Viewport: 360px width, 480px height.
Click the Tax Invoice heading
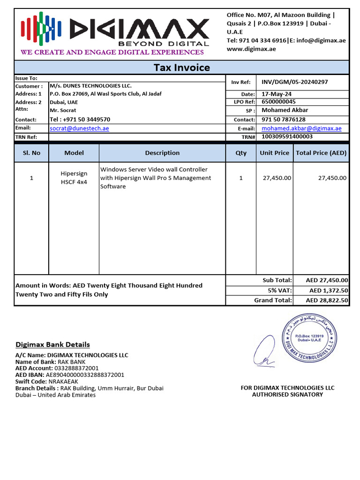[182, 67]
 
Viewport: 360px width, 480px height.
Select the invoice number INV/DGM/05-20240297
[294, 82]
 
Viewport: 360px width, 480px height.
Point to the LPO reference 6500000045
[278, 102]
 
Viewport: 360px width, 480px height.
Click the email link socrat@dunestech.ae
[79, 128]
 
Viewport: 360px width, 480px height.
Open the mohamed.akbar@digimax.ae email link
[301, 128]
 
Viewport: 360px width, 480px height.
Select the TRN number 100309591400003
[287, 137]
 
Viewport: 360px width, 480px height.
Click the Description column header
[162, 153]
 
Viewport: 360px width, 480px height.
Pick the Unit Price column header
[274, 153]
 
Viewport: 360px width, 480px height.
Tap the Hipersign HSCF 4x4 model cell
[74, 178]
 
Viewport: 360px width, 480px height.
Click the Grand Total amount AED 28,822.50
[327, 300]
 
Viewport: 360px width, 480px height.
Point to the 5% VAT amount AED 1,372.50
[329, 291]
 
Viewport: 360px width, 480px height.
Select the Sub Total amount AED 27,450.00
[327, 280]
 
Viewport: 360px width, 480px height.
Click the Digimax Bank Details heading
[52, 345]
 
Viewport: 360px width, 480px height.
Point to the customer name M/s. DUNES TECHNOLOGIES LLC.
[91, 86]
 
